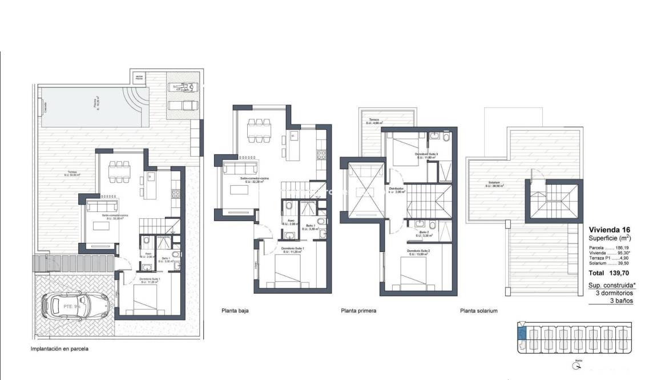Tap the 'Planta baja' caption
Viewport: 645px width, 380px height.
tap(235, 311)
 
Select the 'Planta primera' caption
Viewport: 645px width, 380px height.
tap(358, 311)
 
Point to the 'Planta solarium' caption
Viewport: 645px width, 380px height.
tap(479, 311)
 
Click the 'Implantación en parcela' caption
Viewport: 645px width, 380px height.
tap(60, 348)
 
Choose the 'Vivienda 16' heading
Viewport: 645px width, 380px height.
tap(609, 229)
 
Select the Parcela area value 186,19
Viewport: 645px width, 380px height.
tap(626, 247)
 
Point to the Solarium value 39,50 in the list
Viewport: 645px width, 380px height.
tap(626, 263)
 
